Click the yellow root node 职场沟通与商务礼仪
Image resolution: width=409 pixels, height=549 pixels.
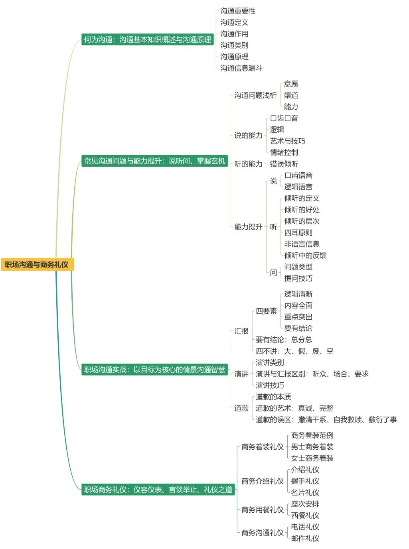pyautogui.click(x=37, y=264)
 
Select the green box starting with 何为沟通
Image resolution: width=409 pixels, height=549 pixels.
pyautogui.click(x=147, y=39)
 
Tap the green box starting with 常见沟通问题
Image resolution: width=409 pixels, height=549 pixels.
pyautogui.click(x=154, y=161)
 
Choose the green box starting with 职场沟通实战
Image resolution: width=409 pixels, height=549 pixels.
pyautogui.click(x=154, y=370)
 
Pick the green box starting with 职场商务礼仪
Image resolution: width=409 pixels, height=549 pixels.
pyautogui.click(x=158, y=490)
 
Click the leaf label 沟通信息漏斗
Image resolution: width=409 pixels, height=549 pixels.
pyautogui.click(x=241, y=68)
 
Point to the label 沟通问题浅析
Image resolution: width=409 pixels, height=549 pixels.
pyautogui.click(x=255, y=95)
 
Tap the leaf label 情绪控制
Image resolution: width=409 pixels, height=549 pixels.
pyautogui.click(x=284, y=152)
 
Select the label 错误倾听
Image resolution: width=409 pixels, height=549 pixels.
pyautogui.click(x=284, y=164)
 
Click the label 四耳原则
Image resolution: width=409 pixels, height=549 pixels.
pyautogui.click(x=298, y=233)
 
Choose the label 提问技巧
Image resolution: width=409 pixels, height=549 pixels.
pyautogui.click(x=298, y=278)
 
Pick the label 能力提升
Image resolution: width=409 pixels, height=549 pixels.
pyautogui.click(x=248, y=227)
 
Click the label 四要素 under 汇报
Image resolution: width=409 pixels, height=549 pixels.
pyautogui.click(x=266, y=311)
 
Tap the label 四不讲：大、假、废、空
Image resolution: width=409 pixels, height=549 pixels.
pyautogui.click(x=294, y=351)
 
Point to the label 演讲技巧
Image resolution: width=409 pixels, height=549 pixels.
pyautogui.click(x=270, y=386)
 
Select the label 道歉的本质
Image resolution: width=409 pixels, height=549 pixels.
pyautogui.click(x=273, y=397)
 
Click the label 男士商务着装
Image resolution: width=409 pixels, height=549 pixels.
pyautogui.click(x=312, y=447)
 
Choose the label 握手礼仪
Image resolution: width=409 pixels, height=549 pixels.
pyautogui.click(x=305, y=481)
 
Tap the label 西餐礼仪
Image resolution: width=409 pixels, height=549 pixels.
pyautogui.click(x=305, y=516)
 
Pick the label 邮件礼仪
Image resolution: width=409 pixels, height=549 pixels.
pyautogui.click(x=305, y=538)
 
